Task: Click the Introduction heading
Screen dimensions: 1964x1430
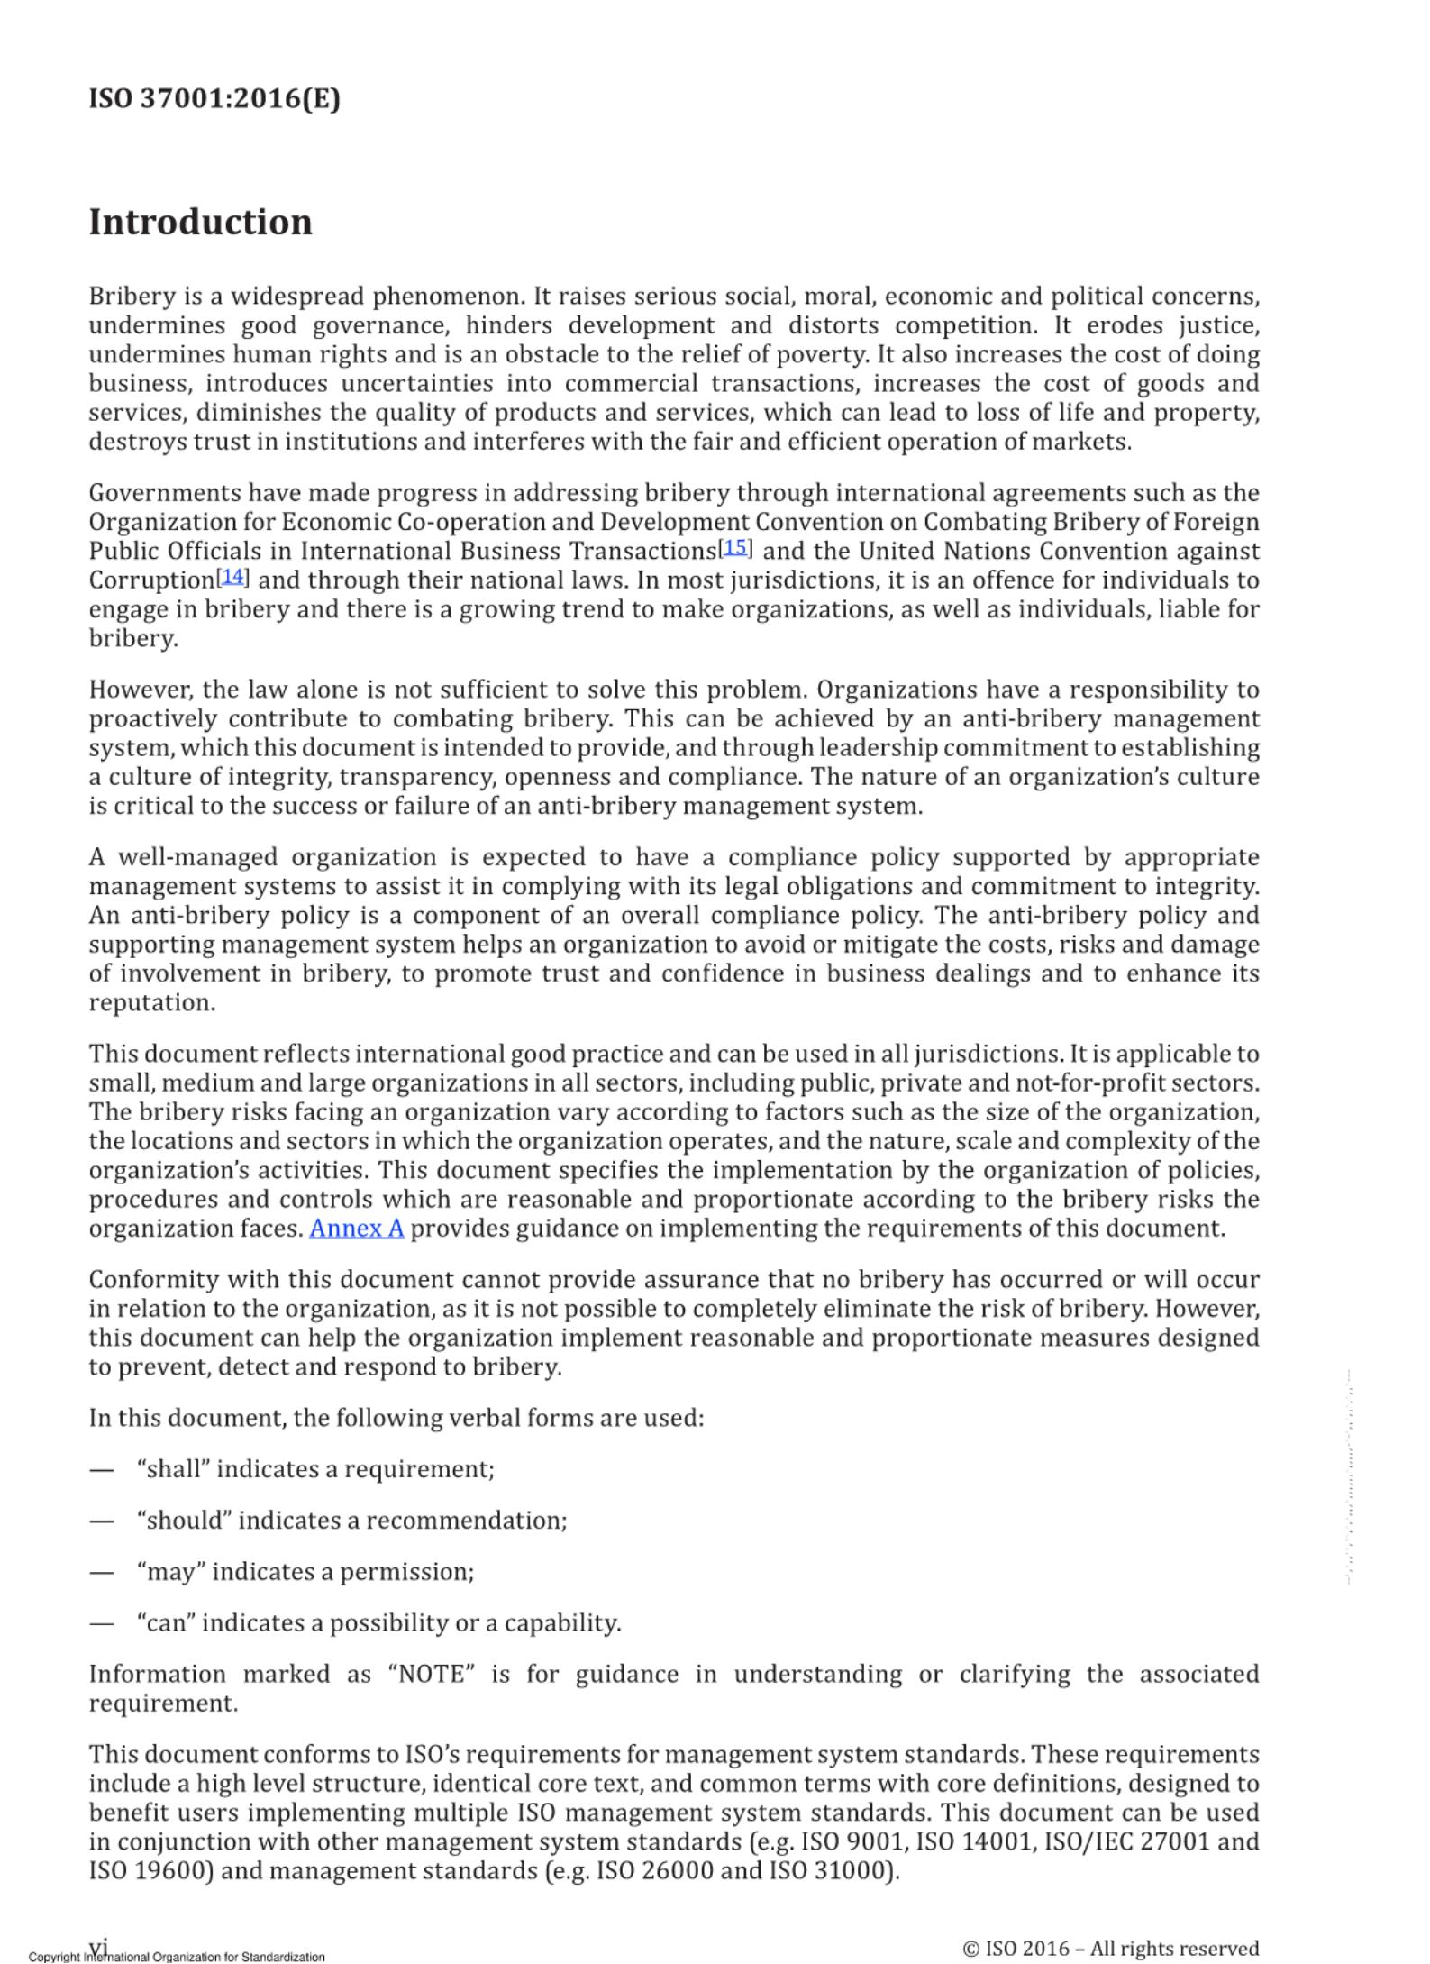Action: point(200,222)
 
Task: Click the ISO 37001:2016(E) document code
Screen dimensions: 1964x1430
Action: point(214,97)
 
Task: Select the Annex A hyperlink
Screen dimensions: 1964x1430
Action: point(356,1229)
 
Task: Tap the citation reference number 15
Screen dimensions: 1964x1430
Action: point(735,547)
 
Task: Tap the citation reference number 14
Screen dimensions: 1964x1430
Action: point(232,576)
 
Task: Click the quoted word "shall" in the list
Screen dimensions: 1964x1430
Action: point(173,1469)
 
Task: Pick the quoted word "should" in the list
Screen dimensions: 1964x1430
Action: point(184,1521)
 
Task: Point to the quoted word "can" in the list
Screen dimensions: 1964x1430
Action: point(167,1623)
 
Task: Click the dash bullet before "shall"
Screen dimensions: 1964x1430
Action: point(102,1470)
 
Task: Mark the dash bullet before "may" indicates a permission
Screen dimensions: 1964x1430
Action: point(102,1573)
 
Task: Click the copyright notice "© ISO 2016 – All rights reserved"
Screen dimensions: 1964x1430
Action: point(1110,1949)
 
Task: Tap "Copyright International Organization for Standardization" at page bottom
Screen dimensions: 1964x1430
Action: point(177,1957)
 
